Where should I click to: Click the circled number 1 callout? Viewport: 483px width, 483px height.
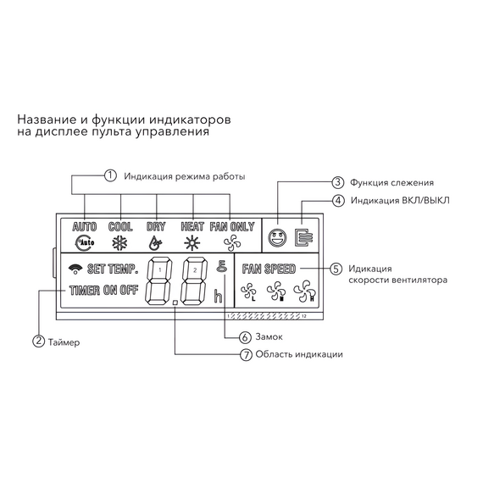109,176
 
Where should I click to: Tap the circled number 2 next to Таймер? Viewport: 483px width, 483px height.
38,341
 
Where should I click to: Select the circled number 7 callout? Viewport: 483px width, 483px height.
245,354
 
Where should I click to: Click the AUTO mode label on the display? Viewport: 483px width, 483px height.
85,227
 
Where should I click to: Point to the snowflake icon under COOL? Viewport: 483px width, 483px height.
120,241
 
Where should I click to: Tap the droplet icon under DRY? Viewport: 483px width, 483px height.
155,241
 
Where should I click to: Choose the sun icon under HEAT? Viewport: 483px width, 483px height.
192,241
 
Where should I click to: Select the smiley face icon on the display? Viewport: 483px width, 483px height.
275,237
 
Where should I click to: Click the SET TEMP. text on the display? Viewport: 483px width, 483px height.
110,270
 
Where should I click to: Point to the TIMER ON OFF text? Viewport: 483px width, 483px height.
103,290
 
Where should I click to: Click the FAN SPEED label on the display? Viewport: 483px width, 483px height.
268,269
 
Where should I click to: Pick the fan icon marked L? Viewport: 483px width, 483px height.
249,292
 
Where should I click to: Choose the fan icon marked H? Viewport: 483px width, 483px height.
303,292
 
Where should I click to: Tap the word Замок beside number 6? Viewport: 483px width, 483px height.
268,336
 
